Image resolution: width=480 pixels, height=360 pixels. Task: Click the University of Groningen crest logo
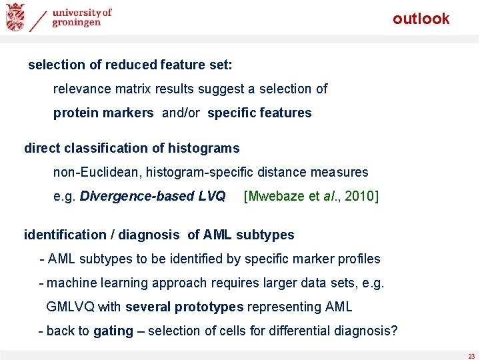point(15,17)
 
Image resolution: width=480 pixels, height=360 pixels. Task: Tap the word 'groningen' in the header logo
point(79,22)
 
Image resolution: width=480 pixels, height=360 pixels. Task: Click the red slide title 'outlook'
point(421,19)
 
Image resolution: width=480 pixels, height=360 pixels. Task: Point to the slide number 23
point(471,356)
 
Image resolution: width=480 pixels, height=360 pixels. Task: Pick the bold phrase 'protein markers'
point(103,113)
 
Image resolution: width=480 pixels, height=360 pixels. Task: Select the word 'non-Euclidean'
point(94,172)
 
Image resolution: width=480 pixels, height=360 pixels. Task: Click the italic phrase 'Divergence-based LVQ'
point(153,196)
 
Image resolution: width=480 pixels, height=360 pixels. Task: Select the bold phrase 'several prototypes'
point(184,307)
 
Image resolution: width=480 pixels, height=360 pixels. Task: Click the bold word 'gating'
point(113,331)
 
